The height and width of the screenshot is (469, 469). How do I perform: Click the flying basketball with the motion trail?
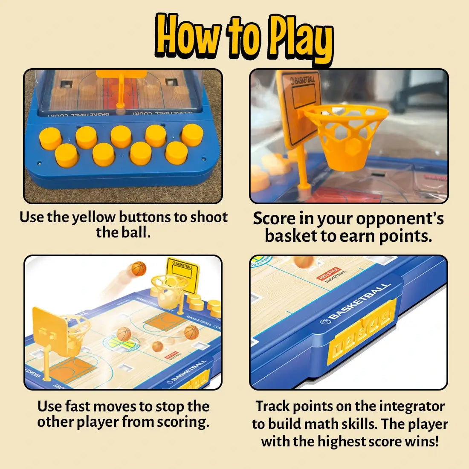(139, 269)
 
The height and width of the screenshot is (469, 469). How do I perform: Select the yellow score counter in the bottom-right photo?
(362, 331)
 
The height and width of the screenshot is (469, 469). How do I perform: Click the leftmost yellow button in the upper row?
(50, 138)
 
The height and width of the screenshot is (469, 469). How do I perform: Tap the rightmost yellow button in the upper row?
(192, 135)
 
